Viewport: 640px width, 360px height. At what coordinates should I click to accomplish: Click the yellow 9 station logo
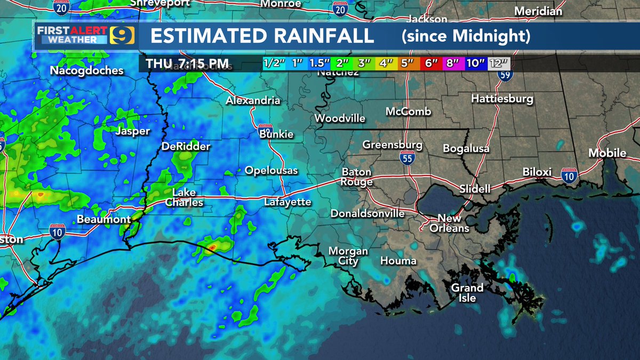click(x=122, y=36)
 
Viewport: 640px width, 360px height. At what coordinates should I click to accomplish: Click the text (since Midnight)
click(x=466, y=36)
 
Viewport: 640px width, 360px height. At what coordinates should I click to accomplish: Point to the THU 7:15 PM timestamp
click(x=188, y=64)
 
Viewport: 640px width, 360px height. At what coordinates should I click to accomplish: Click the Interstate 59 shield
click(x=505, y=74)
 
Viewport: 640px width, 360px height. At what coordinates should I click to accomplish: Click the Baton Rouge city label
click(x=357, y=177)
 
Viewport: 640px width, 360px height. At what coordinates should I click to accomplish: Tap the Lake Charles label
click(x=184, y=197)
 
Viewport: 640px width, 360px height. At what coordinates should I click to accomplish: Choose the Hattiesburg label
click(x=502, y=99)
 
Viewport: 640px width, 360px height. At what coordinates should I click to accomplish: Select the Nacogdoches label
click(x=86, y=70)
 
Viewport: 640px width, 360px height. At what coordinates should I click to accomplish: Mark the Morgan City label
click(x=348, y=255)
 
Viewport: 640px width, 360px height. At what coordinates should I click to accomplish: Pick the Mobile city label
click(x=607, y=153)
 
